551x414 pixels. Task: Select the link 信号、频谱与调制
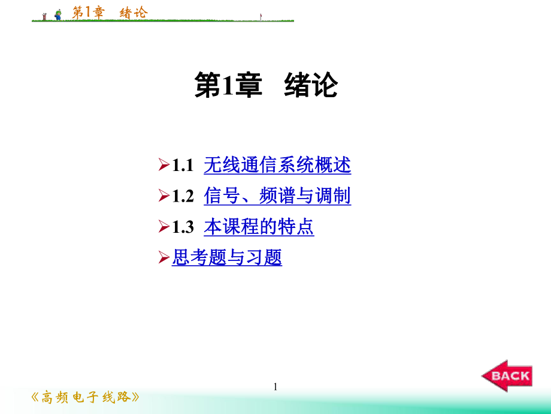[277, 196]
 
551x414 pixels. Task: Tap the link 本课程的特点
[259, 227]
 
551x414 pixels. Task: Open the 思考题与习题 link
[227, 258]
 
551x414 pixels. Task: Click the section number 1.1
[183, 165]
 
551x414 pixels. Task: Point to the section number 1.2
[183, 196]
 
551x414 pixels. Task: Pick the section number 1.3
[183, 227]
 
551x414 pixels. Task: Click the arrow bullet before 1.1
[164, 165]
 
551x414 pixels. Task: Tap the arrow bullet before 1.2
[164, 196]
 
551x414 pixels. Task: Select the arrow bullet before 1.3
[164, 227]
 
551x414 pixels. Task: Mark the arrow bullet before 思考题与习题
[164, 259]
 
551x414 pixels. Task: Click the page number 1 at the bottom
[275, 387]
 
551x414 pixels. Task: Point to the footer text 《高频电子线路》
[86, 397]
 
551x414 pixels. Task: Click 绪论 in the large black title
[311, 86]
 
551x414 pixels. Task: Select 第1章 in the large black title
[229, 86]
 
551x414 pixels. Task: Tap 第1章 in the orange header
[87, 12]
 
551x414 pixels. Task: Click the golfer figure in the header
[58, 15]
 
